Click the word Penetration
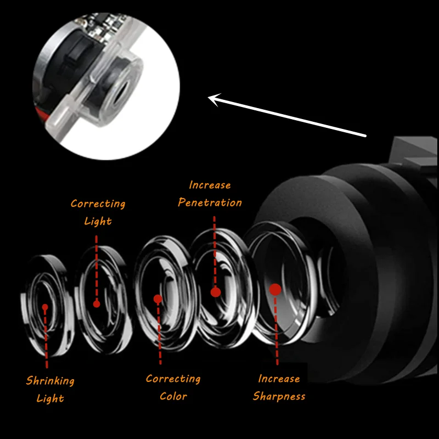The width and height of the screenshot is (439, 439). click(x=210, y=202)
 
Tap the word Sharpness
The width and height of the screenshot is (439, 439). click(x=279, y=396)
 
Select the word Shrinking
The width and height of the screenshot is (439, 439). click(x=50, y=380)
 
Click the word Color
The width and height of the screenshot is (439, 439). click(x=173, y=396)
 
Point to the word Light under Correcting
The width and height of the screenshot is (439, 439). click(x=98, y=221)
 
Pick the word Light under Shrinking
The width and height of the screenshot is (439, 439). click(x=50, y=398)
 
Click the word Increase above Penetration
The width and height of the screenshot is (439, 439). click(x=210, y=185)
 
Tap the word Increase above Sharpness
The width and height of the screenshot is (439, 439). click(x=279, y=379)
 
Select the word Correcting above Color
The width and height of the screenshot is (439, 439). click(x=173, y=379)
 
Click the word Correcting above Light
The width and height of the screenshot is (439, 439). click(x=98, y=204)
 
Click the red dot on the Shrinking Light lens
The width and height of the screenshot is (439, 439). click(x=45, y=307)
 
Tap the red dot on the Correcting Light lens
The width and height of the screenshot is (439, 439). click(x=97, y=303)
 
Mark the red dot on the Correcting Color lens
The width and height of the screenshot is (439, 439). click(x=158, y=299)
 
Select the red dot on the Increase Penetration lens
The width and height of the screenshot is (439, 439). click(x=216, y=292)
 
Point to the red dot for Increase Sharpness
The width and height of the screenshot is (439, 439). click(x=275, y=289)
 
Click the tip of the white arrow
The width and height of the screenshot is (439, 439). click(x=210, y=99)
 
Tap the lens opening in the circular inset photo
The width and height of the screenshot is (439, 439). click(x=117, y=87)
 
